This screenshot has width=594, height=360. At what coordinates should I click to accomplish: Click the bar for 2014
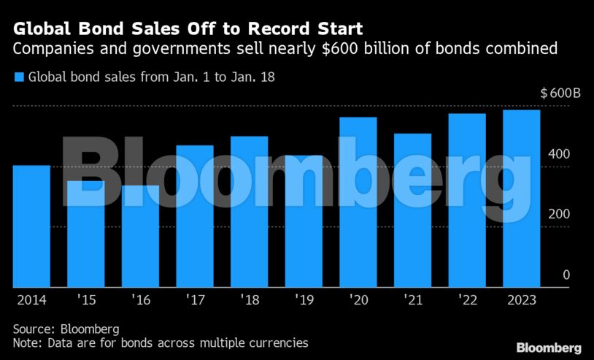pyautogui.click(x=31, y=226)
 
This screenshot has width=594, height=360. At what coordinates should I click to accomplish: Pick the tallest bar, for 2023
pyautogui.click(x=521, y=199)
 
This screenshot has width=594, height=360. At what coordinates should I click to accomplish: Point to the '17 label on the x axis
pyautogui.click(x=194, y=300)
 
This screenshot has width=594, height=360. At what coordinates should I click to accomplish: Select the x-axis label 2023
pyautogui.click(x=521, y=300)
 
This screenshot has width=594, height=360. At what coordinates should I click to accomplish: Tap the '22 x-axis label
pyautogui.click(x=466, y=300)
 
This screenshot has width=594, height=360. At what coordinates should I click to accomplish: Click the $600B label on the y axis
pyautogui.click(x=560, y=94)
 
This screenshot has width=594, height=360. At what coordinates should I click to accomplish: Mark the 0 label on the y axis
pyautogui.click(x=566, y=275)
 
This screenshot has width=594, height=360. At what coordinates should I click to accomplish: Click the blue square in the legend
pyautogui.click(x=19, y=76)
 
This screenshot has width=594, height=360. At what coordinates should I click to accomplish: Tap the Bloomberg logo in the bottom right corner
pyautogui.click(x=548, y=348)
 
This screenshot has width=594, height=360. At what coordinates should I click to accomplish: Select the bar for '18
pyautogui.click(x=249, y=212)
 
